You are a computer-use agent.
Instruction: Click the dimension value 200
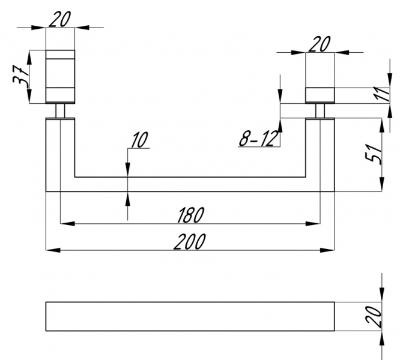coord(190,241)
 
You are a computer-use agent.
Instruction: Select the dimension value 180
coord(190,215)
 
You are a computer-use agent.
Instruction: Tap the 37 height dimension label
coord(20,75)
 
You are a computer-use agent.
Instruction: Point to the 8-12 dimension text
coord(258,139)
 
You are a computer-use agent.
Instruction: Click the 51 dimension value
coord(374,154)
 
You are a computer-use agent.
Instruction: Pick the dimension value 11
coord(381,94)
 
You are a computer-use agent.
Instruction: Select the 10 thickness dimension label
coord(139,140)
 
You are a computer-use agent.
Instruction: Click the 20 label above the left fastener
coord(59,19)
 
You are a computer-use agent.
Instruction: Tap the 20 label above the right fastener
coord(320,44)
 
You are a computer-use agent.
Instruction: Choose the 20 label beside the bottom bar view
coord(374,316)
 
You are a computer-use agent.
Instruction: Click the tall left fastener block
coord(60,77)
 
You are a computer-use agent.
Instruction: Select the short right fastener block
coord(320,95)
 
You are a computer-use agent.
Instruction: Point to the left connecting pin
coord(60,111)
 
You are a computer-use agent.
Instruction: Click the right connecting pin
coord(320,111)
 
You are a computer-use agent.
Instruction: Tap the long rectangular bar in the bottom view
coord(190,316)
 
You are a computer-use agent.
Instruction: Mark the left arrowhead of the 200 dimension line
coord(53,250)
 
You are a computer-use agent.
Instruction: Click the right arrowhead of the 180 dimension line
coord(313,224)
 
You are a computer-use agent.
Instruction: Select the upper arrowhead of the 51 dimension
coord(382,125)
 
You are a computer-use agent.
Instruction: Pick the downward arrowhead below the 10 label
coord(128,170)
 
